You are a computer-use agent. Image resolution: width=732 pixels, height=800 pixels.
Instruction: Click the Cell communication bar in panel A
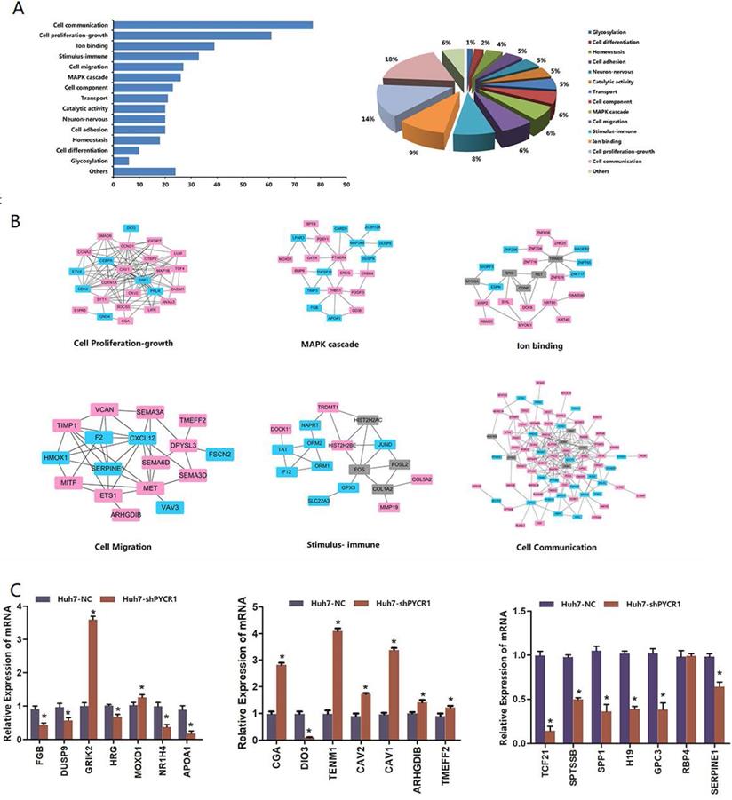(213, 25)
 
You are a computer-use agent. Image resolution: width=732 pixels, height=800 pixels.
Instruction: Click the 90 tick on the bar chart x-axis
(346, 186)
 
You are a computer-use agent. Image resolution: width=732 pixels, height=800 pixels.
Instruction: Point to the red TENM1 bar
(338, 685)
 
